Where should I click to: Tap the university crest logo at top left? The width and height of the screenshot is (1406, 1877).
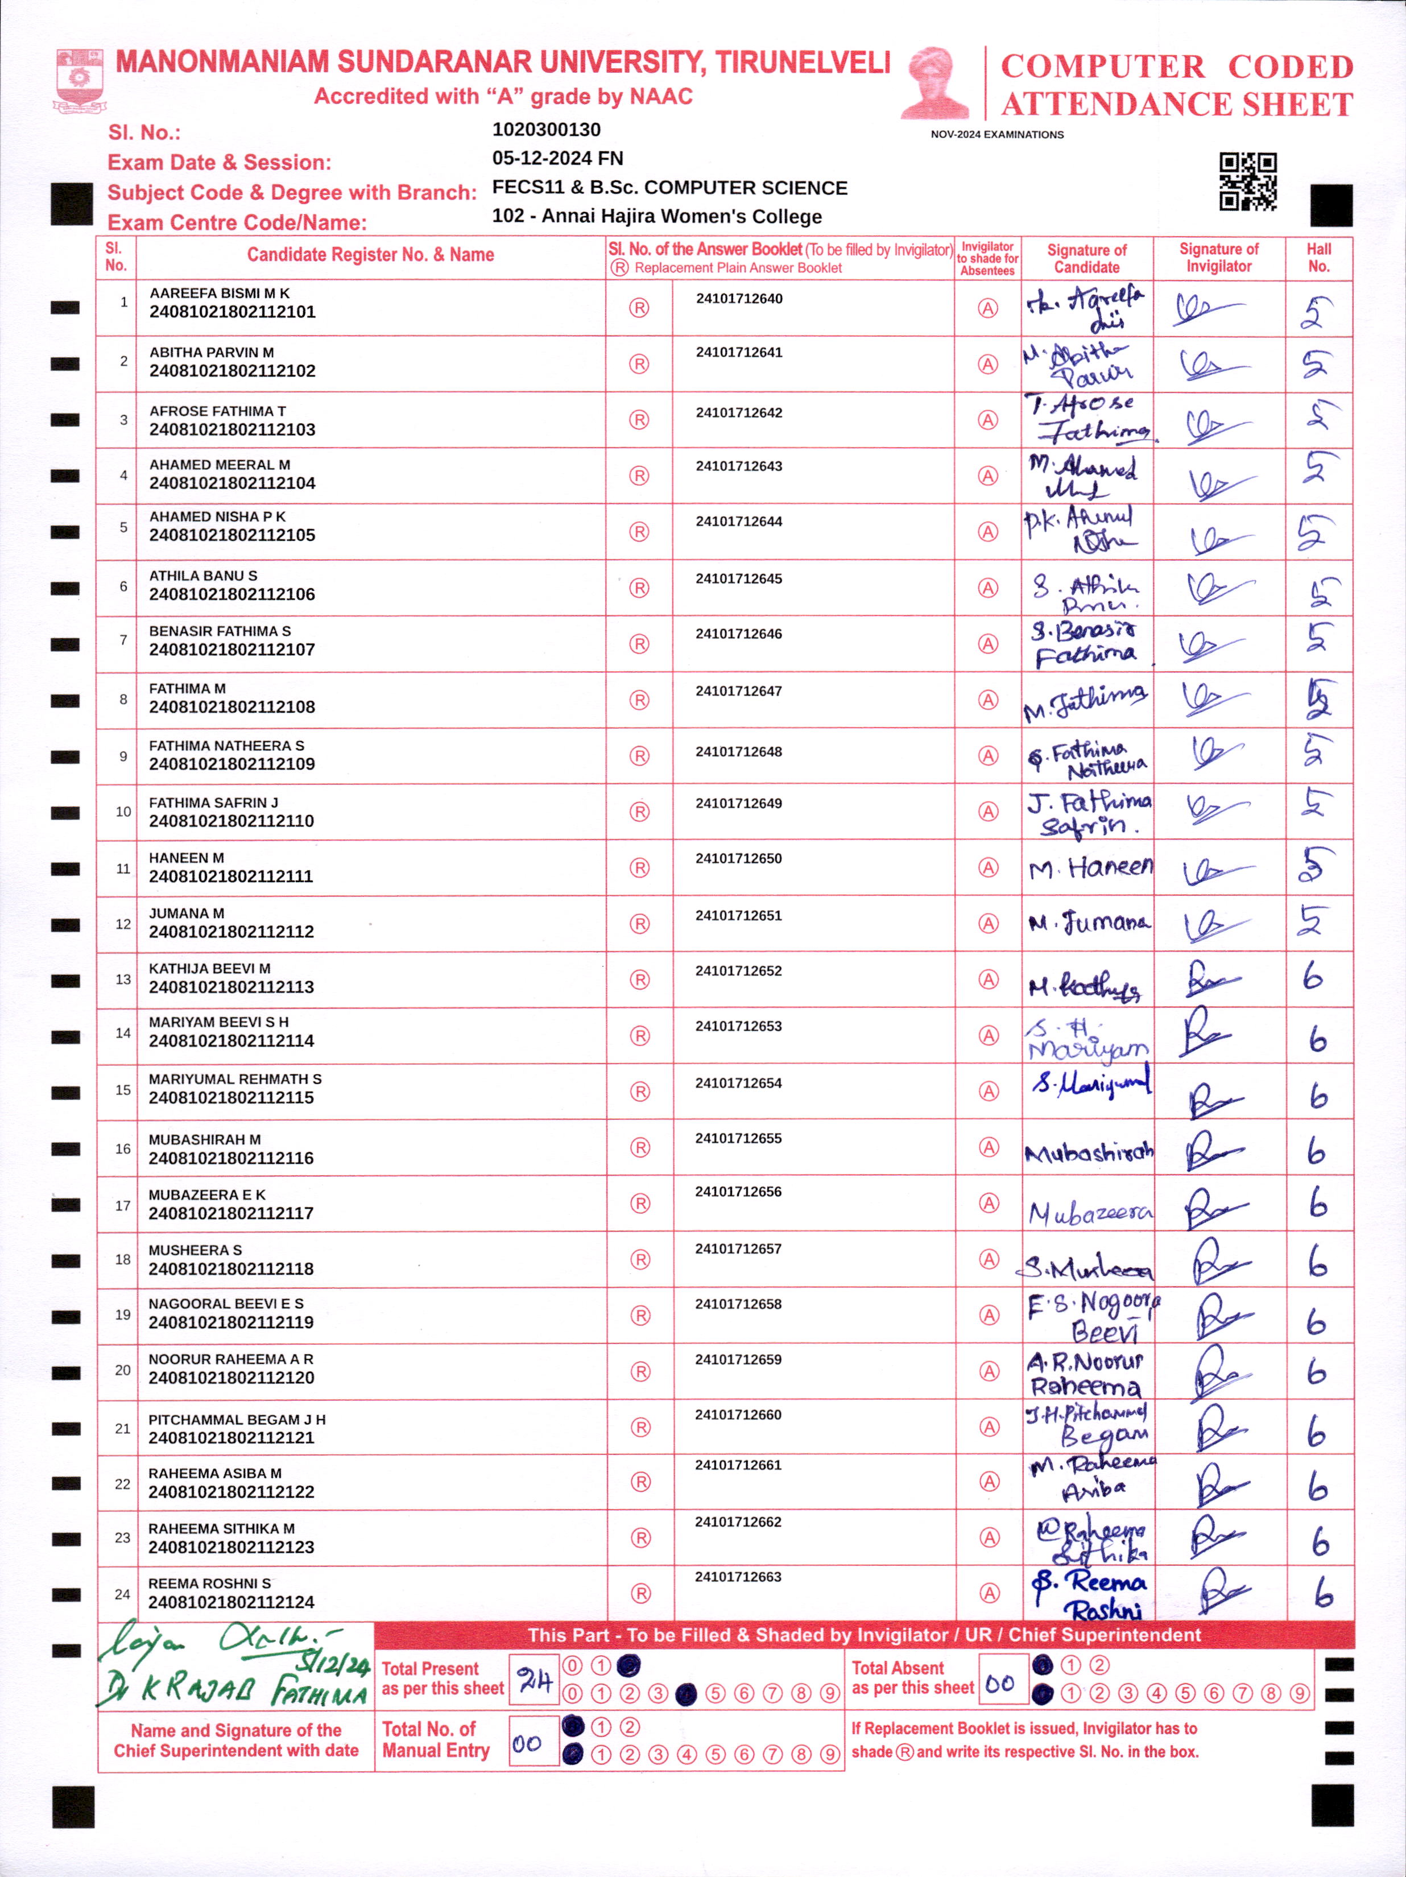[80, 81]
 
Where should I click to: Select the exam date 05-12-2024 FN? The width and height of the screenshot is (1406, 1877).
[557, 159]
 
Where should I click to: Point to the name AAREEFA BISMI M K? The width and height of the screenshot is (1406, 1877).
[219, 293]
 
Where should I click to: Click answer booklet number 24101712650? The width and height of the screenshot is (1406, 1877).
[738, 859]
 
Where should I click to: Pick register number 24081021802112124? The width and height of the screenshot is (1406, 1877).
[231, 1602]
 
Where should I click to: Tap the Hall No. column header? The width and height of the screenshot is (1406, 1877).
[1318, 257]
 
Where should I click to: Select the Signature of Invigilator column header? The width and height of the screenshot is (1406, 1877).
[1218, 257]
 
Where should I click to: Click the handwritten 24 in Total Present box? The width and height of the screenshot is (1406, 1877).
[535, 1679]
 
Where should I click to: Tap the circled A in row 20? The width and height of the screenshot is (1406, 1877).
[989, 1371]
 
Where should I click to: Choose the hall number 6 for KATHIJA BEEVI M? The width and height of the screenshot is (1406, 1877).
[1313, 978]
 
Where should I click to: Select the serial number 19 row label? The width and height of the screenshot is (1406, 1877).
[122, 1314]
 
